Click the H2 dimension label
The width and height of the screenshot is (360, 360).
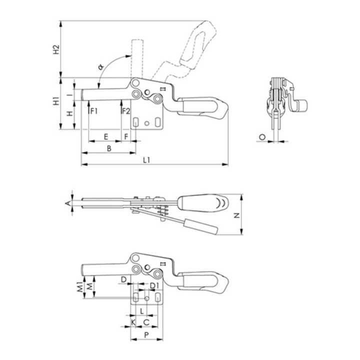(x=56, y=49)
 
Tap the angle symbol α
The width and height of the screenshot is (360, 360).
(x=101, y=67)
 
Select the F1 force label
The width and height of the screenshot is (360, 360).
(x=94, y=111)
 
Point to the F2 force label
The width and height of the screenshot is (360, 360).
(x=126, y=111)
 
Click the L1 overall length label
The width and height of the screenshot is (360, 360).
(x=146, y=160)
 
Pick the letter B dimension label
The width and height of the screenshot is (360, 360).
(x=109, y=148)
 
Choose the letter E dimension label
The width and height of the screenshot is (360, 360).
(x=106, y=137)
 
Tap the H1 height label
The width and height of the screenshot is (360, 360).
(x=56, y=101)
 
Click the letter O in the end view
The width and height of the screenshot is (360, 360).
(x=262, y=137)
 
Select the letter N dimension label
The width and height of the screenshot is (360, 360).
(x=236, y=215)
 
